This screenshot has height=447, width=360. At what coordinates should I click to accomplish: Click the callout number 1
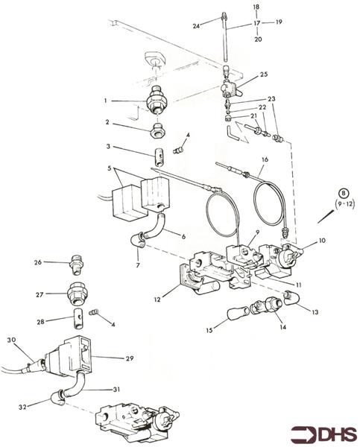(x=107, y=101)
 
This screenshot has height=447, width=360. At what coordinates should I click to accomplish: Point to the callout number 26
(x=38, y=262)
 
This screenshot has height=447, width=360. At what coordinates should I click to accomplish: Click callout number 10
(x=323, y=241)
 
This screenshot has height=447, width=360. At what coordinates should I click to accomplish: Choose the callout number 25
(x=264, y=75)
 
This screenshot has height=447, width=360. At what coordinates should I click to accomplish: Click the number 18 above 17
(x=256, y=7)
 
